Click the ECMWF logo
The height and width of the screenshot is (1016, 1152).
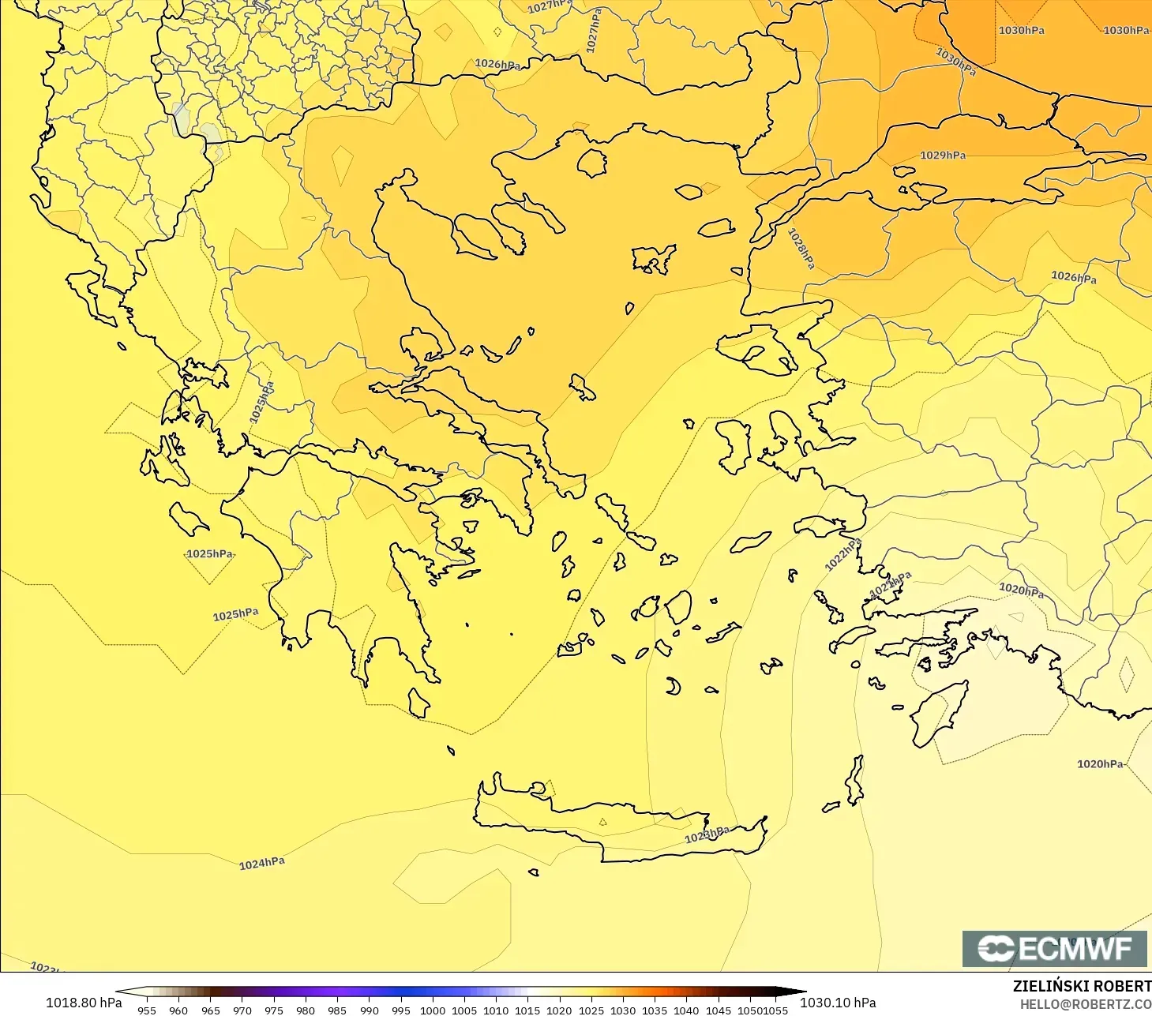point(1054,948)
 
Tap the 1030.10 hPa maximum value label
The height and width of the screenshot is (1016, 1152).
point(838,1003)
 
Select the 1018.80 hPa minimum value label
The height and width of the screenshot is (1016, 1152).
point(84,1003)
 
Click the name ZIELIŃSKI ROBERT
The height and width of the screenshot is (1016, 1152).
point(1082,986)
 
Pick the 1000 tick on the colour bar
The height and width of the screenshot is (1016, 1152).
point(433,1010)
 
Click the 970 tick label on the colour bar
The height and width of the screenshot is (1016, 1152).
point(242,1010)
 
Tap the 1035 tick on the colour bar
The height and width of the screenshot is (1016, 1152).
point(655,1010)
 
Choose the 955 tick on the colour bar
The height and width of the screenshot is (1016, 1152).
point(147,1010)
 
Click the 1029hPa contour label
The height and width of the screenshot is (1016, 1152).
point(943,156)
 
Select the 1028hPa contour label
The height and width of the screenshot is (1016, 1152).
point(801,248)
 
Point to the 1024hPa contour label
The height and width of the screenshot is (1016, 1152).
point(262,864)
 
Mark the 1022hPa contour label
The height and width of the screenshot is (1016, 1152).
point(842,555)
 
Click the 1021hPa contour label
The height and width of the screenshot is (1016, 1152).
point(891,585)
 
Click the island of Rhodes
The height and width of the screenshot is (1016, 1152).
point(936,714)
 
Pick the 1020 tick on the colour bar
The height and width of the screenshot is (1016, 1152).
point(559,1010)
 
